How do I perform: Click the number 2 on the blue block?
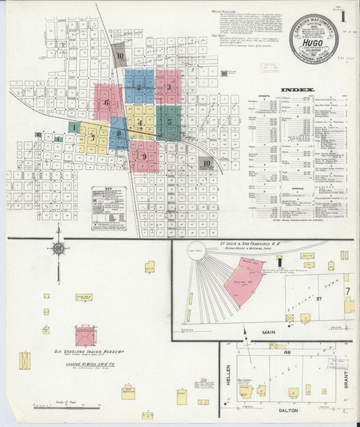click(138, 86)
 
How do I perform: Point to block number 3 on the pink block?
click(169, 86)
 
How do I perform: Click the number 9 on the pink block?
click(144, 157)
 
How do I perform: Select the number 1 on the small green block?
click(72, 127)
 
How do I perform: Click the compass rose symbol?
click(59, 249)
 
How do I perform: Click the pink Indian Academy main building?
click(85, 335)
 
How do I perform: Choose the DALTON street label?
click(284, 409)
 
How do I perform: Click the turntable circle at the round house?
click(201, 250)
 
